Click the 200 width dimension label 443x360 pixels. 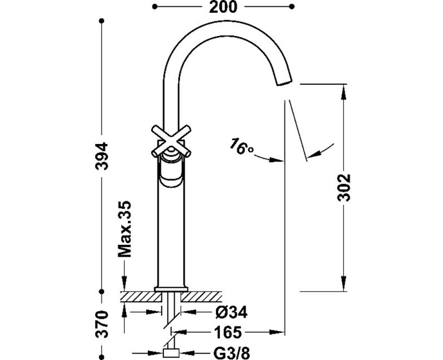tap(224, 7)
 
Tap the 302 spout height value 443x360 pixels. tap(344, 188)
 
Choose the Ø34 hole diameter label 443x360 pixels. tap(229, 313)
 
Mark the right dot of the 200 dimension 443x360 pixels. tap(292, 7)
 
